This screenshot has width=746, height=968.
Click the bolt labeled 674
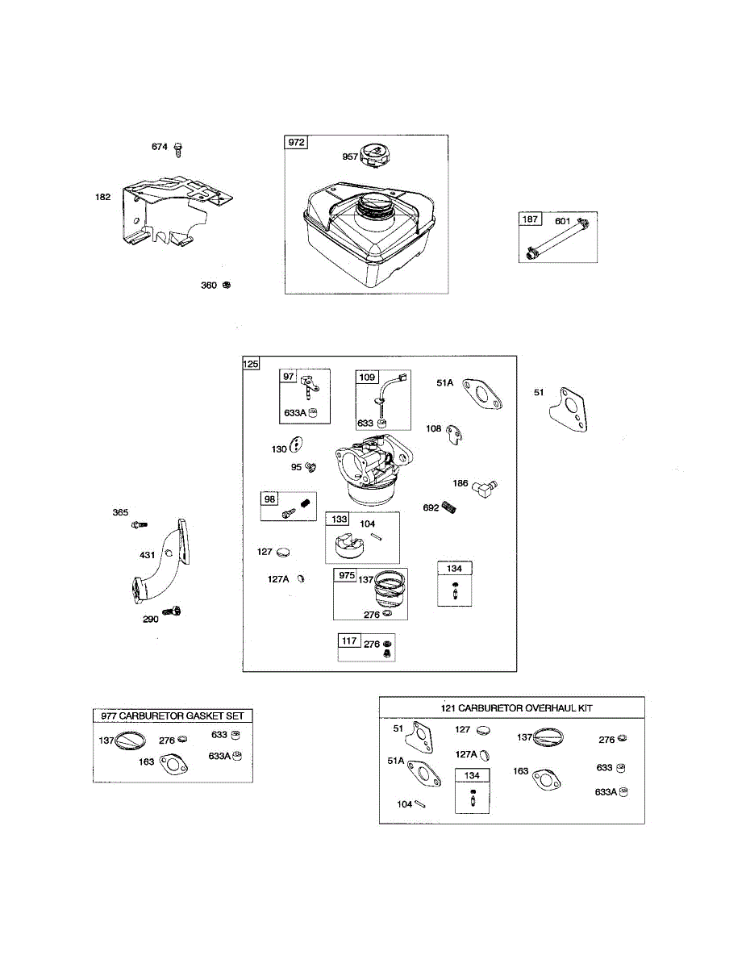[179, 148]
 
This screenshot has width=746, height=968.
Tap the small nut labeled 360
[227, 286]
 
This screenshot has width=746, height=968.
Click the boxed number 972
[296, 143]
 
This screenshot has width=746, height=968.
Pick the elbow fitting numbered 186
[486, 486]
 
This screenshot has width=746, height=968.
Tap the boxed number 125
[252, 365]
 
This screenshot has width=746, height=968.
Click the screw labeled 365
[139, 525]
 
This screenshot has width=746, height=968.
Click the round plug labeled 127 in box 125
[284, 553]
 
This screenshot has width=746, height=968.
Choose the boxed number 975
[346, 575]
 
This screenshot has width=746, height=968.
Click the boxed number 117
[348, 641]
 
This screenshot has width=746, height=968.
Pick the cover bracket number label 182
[102, 197]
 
